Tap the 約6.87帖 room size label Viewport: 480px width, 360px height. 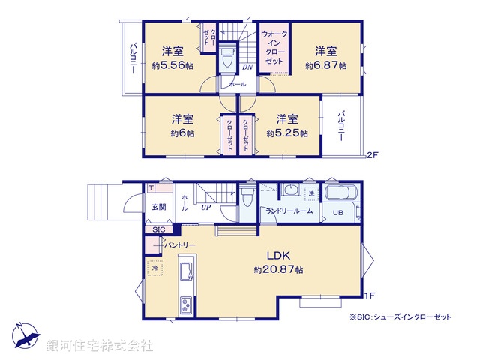(325, 66)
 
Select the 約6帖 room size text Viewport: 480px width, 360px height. (182, 133)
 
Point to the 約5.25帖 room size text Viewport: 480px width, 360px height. (287, 133)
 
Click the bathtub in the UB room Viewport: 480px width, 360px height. (341, 194)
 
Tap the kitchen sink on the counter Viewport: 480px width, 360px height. (187, 269)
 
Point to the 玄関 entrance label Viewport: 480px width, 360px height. (159, 208)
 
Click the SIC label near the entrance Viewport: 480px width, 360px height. (158, 229)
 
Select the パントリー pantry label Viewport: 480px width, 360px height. (181, 244)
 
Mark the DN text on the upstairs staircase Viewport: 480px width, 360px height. (247, 67)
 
